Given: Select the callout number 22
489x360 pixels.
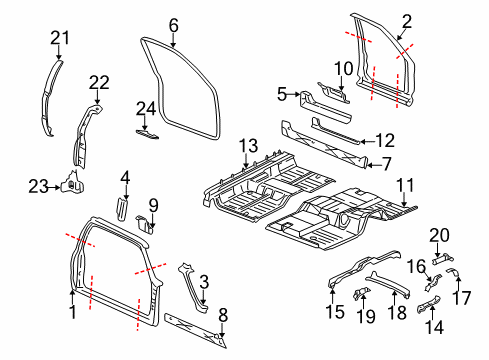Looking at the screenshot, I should click(x=98, y=82).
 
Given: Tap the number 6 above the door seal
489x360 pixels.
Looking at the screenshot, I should click(x=173, y=24).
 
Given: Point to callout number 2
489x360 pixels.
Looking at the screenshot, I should click(x=406, y=20).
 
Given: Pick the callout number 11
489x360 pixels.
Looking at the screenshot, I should click(x=407, y=183).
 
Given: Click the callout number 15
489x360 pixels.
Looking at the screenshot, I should click(x=333, y=310).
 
